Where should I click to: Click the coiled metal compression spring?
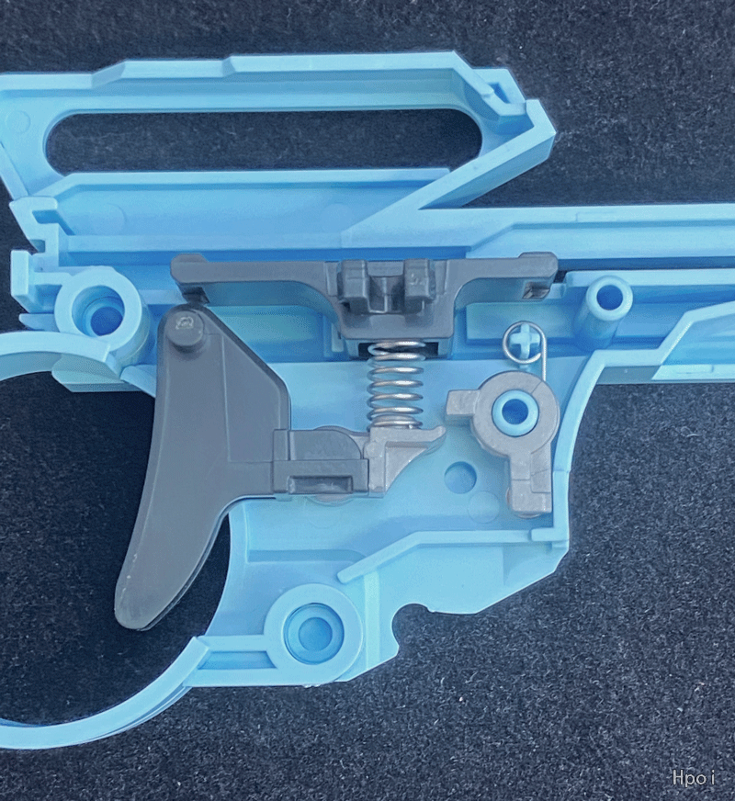pyautogui.click(x=395, y=385)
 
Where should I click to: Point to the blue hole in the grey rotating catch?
pyautogui.click(x=511, y=409)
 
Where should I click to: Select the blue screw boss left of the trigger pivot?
pyautogui.click(x=97, y=312)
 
